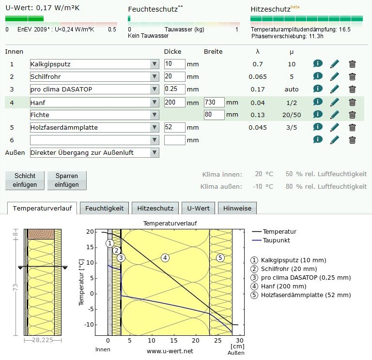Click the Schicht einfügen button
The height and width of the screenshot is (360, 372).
[x=24, y=180]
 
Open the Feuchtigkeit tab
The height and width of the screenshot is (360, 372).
[x=104, y=208]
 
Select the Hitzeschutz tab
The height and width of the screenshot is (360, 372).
[x=155, y=208]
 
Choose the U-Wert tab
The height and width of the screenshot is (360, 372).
[x=198, y=208]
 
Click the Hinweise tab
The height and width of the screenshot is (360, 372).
[x=237, y=208]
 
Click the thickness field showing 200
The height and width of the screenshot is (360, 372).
[x=174, y=102]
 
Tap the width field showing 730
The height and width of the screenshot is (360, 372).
[x=214, y=102]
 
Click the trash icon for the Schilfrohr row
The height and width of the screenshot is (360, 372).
[x=353, y=76]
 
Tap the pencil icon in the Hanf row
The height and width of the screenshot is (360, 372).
[x=335, y=102]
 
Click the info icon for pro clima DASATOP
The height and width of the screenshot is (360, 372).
[x=318, y=89]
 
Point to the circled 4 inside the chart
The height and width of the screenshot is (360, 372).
[x=165, y=257]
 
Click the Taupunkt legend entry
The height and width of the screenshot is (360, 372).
[x=277, y=240]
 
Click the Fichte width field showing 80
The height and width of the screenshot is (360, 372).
[x=214, y=115]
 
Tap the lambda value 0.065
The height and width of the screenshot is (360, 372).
[x=258, y=76]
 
